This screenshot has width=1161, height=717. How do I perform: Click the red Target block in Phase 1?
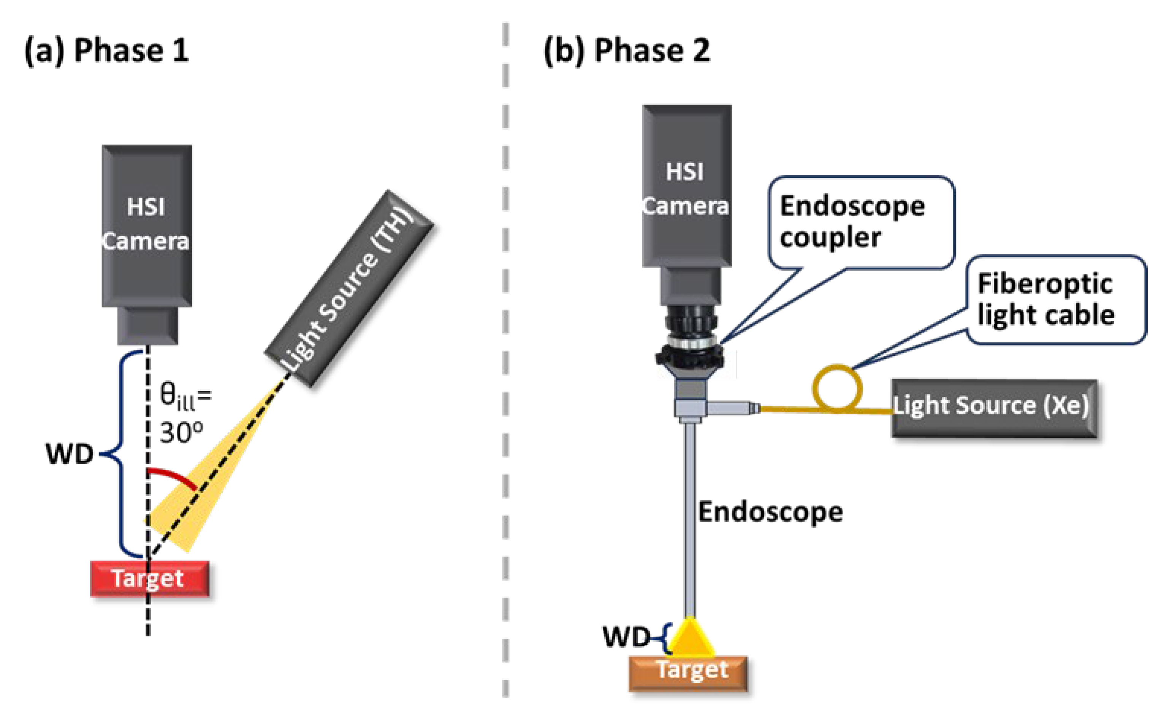point(149,578)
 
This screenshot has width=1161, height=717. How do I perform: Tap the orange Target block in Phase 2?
point(687,673)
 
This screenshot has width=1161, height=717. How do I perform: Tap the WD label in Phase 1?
point(69,454)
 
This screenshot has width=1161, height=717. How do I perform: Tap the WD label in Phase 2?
point(626,637)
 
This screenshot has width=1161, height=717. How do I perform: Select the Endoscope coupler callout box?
point(860,222)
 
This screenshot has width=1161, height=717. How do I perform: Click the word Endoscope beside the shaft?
point(770,512)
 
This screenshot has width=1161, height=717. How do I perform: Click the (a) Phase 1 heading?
point(107,50)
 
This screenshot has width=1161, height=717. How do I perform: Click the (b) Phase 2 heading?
point(627,50)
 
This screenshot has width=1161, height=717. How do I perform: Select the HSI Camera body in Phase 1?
point(147,225)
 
